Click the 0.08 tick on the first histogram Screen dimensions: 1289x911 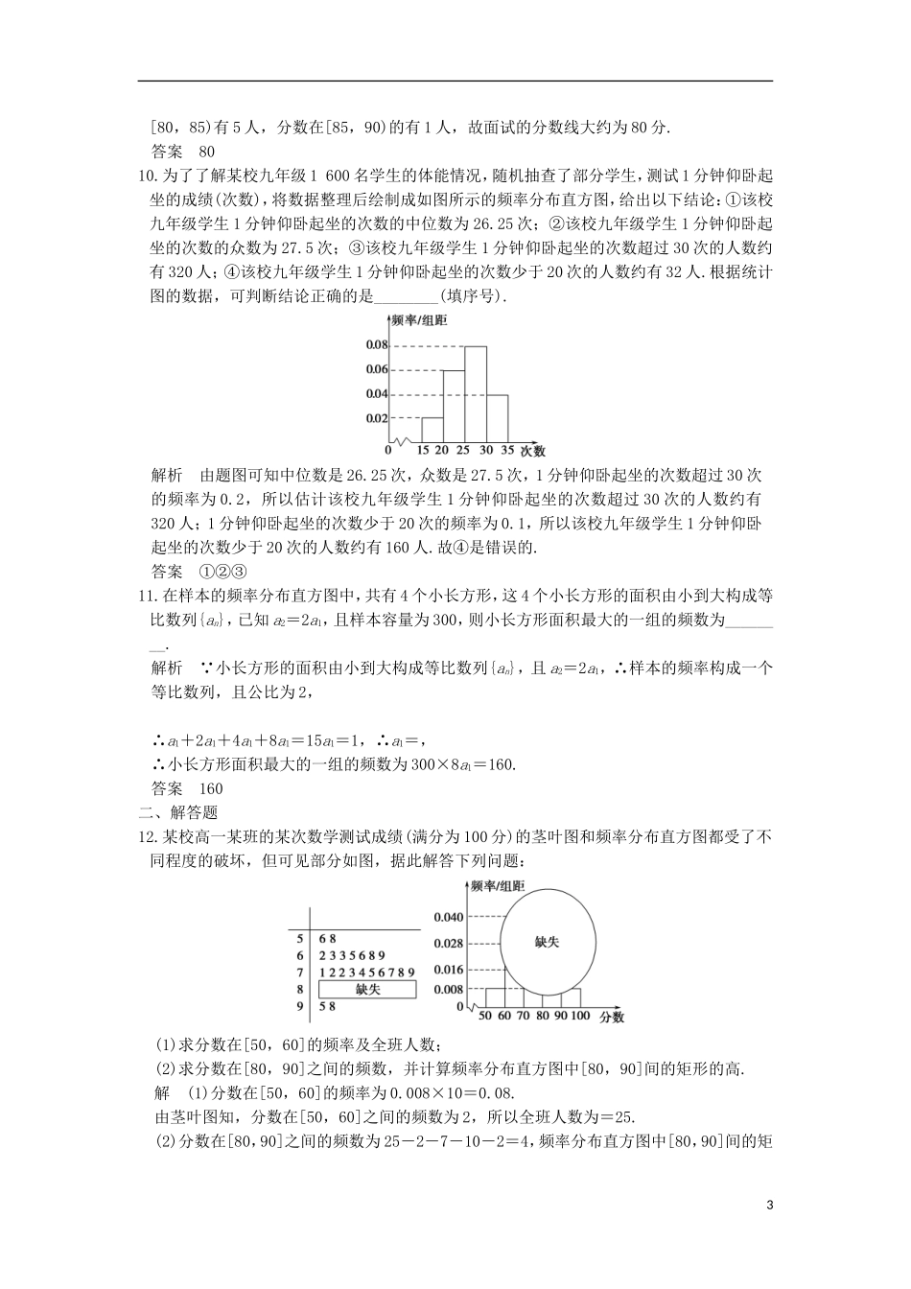click(x=376, y=345)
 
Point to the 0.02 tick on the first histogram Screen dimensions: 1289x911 click(x=376, y=418)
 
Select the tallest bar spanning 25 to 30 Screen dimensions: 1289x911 click(x=476, y=393)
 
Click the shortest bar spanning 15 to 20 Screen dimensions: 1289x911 click(x=432, y=430)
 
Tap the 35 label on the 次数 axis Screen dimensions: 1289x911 click(x=507, y=450)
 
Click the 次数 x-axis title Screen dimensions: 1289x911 click(x=533, y=450)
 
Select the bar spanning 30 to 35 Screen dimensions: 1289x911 click(x=497, y=417)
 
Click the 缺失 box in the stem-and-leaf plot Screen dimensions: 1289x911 click(x=368, y=989)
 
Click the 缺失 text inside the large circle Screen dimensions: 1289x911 click(x=547, y=942)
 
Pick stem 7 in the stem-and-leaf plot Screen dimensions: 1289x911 click(x=300, y=973)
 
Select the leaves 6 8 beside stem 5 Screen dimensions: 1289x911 click(x=328, y=938)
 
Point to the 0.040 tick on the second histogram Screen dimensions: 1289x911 click(x=448, y=917)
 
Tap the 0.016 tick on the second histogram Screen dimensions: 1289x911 click(x=448, y=970)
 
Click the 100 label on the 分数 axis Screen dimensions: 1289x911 click(x=580, y=1016)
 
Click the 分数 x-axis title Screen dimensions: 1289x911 click(x=612, y=1016)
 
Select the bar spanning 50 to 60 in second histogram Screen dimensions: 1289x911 click(x=491, y=998)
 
